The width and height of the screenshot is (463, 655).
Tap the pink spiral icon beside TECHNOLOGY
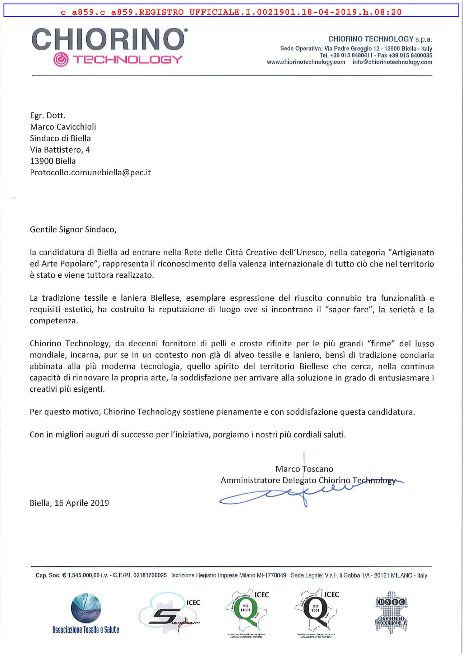click(61, 60)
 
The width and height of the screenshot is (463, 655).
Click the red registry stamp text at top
click(231, 12)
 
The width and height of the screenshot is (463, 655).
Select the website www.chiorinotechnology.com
click(306, 62)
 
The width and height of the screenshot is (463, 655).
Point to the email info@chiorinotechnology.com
click(392, 62)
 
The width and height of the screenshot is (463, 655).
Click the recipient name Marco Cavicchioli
click(63, 127)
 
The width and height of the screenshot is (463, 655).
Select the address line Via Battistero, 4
click(60, 149)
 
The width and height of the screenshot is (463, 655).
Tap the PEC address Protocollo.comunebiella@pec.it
click(90, 172)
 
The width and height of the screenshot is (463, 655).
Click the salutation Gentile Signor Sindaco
click(73, 229)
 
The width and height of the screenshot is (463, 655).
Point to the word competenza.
click(54, 321)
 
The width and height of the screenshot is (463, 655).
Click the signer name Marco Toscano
click(304, 469)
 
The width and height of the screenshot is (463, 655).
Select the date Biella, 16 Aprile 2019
click(69, 503)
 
